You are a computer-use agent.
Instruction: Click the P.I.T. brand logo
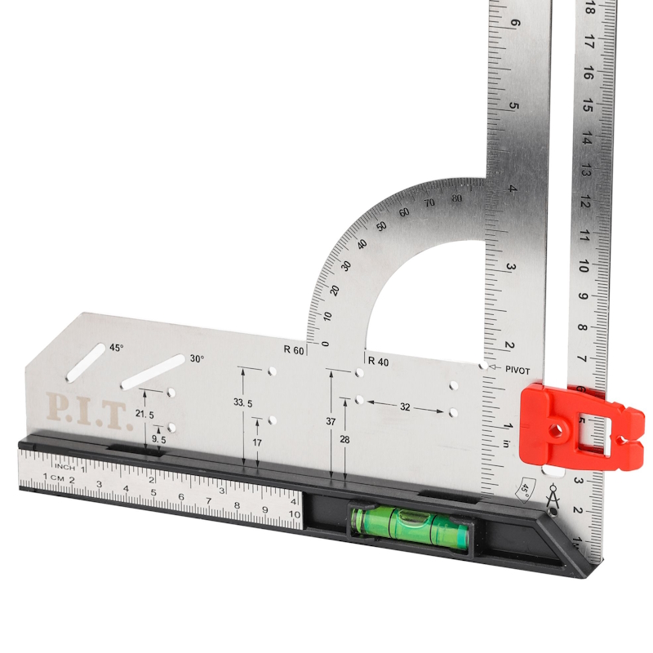(89, 411)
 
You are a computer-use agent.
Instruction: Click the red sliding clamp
(581, 428)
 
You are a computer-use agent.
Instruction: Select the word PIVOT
(518, 371)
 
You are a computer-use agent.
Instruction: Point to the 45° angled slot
(86, 362)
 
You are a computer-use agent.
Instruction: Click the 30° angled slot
(153, 372)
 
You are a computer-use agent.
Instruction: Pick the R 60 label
(294, 350)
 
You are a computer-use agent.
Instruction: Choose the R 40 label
(379, 362)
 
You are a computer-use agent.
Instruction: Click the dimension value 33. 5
(242, 402)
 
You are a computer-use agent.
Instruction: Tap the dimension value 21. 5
(144, 415)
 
